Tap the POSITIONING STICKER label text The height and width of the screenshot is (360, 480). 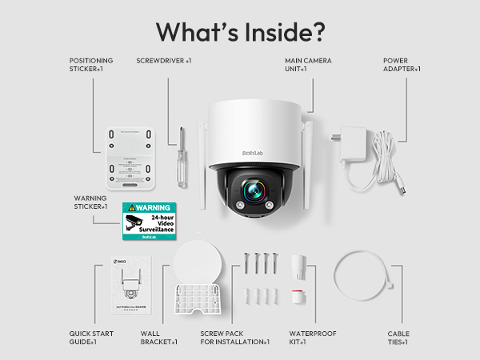pyautogui.click(x=91, y=65)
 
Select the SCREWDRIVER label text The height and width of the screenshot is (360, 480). pyautogui.click(x=163, y=60)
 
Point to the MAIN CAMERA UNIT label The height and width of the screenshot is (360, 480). pyautogui.click(x=308, y=65)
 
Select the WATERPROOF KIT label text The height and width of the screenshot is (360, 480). pyautogui.click(x=309, y=338)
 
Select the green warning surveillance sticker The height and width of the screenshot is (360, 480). pyautogui.click(x=148, y=221)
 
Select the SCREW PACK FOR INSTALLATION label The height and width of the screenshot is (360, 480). pyautogui.click(x=234, y=338)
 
